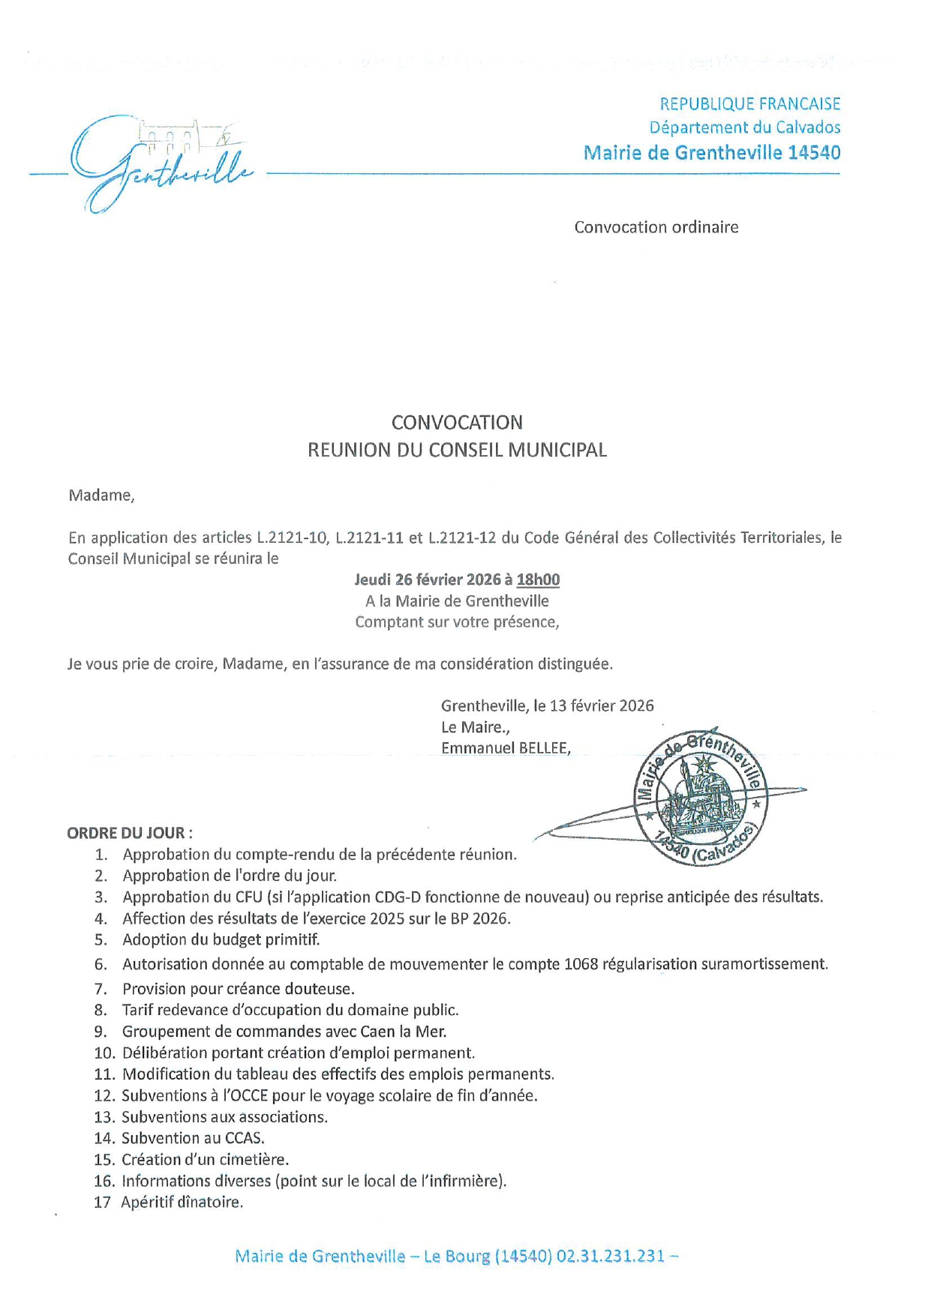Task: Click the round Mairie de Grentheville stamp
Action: coord(698,796)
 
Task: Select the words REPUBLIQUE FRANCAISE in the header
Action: coord(749,104)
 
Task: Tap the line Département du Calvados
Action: coord(744,128)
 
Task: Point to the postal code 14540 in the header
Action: coord(814,153)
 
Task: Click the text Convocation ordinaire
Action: coord(656,227)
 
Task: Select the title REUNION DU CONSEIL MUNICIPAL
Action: coord(457,450)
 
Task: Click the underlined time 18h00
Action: coord(538,580)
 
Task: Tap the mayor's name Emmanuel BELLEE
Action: coord(505,747)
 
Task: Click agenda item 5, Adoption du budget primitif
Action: coord(221,939)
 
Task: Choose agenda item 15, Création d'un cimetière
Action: coord(205,1160)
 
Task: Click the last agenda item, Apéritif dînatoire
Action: coord(182,1203)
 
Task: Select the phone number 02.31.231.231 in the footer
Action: coord(610,1257)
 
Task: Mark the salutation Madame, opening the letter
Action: coord(101,496)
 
